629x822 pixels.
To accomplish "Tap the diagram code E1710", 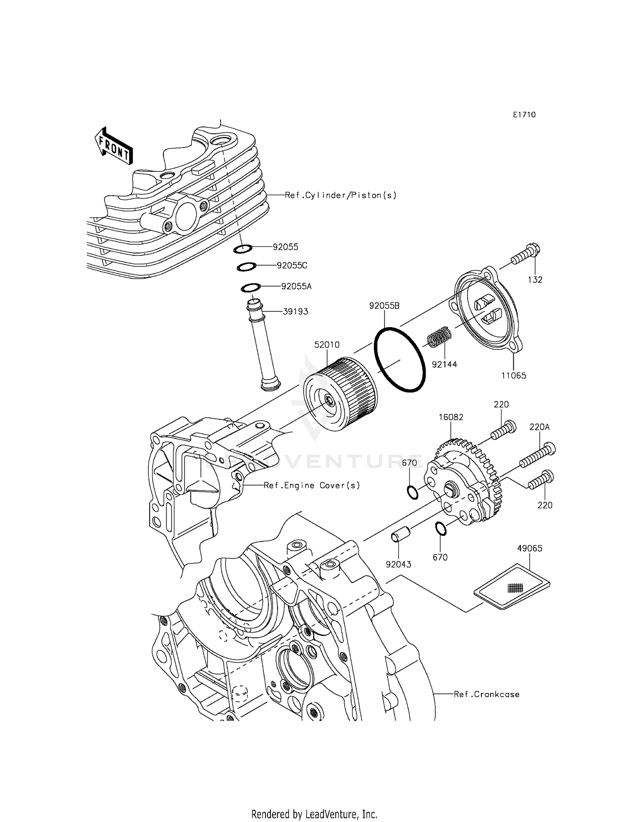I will pyautogui.click(x=524, y=115).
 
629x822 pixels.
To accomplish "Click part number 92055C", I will pyautogui.click(x=292, y=266).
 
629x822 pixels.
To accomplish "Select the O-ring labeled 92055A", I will pyautogui.click(x=251, y=288).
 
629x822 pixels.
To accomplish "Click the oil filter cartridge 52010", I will pyautogui.click(x=340, y=390).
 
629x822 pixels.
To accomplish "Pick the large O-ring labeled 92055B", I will pyautogui.click(x=400, y=359).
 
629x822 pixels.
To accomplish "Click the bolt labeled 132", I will pyautogui.click(x=526, y=254).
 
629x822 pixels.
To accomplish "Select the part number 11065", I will pyautogui.click(x=513, y=375).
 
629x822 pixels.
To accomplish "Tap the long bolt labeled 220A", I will pyautogui.click(x=538, y=456).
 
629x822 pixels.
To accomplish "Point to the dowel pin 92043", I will pyautogui.click(x=398, y=537).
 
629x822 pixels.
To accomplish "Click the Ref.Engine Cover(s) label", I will pyautogui.click(x=312, y=486).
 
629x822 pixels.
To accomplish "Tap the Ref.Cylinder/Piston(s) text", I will pyautogui.click(x=340, y=195).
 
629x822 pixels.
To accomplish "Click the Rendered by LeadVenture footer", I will pyautogui.click(x=314, y=814).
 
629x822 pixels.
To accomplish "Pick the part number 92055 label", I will pyautogui.click(x=285, y=247).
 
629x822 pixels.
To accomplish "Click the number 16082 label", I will pyautogui.click(x=451, y=417).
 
